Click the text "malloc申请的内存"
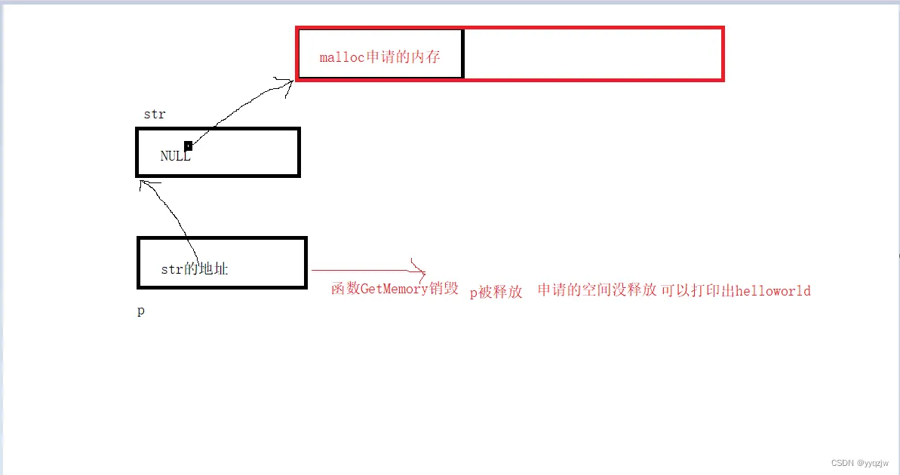pos(379,57)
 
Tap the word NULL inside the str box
pos(175,157)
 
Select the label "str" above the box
pos(154,115)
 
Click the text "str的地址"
pos(194,269)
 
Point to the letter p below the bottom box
pos(141,311)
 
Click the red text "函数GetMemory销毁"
pos(395,289)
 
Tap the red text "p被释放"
pos(496,293)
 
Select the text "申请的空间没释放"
pos(597,290)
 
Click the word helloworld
pos(773,291)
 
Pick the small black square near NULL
pos(188,146)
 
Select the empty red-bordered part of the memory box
pos(593,54)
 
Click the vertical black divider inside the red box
pos(462,54)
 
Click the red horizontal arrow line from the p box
pos(362,270)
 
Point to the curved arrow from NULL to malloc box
pos(234,113)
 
